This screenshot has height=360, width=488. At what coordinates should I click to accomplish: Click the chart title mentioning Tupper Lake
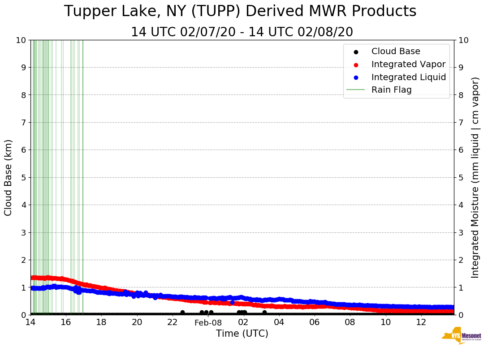click(x=240, y=12)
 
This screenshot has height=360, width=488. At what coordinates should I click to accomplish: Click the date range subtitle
click(x=242, y=32)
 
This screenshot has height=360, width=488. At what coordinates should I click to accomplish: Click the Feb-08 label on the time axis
click(x=208, y=322)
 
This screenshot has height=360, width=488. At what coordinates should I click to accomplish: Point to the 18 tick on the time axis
click(x=101, y=322)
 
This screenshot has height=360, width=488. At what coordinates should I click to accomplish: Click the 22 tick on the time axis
click(x=173, y=322)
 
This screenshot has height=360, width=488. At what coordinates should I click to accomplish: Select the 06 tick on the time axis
click(x=315, y=322)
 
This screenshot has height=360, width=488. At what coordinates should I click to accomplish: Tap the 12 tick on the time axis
click(x=421, y=322)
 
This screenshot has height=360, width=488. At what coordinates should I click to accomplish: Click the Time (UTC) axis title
click(x=242, y=334)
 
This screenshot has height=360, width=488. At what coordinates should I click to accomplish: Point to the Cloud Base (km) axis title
click(x=9, y=177)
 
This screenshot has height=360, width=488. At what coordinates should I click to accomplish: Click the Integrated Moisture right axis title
click(x=475, y=177)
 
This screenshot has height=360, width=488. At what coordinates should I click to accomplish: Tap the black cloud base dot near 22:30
click(x=182, y=313)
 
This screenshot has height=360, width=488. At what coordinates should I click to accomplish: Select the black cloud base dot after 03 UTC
click(x=264, y=313)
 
